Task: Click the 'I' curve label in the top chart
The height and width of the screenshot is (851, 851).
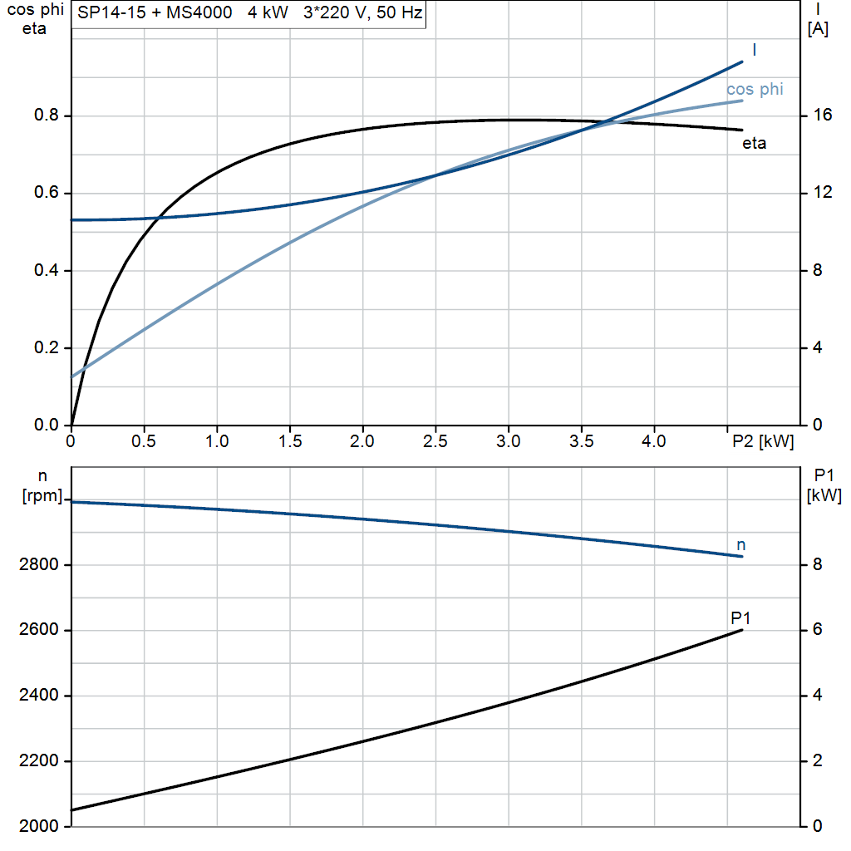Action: point(754,51)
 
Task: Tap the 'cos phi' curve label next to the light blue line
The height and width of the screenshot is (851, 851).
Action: point(755,90)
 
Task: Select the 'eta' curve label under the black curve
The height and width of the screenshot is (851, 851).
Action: point(754,144)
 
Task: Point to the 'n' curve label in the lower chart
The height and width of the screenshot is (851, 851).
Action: point(741,545)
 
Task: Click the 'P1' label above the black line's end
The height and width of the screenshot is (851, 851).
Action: point(740,617)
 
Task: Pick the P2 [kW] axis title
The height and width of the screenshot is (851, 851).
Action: point(762,441)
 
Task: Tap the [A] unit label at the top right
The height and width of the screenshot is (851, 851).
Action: point(818,29)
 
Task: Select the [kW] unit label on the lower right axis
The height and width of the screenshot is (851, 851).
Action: point(824,496)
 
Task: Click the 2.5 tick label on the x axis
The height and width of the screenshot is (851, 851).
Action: point(435,441)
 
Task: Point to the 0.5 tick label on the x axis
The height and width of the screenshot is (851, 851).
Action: point(144,441)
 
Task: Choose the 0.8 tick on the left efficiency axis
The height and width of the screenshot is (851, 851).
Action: point(47,116)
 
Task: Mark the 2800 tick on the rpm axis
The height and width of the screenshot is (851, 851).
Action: point(39,565)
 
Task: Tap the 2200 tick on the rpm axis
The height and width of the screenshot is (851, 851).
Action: point(39,761)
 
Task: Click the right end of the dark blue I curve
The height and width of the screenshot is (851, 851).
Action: point(742,61)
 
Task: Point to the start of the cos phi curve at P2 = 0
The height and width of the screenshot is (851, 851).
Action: point(72,376)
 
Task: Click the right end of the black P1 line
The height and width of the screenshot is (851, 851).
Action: point(742,630)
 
